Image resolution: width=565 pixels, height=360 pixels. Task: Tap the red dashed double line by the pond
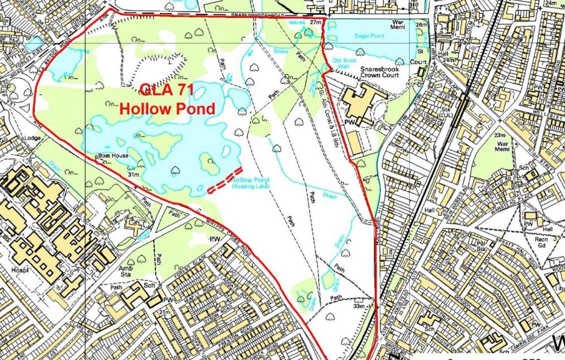click(x=225, y=181)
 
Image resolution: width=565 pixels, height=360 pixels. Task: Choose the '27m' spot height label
click(x=315, y=22)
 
